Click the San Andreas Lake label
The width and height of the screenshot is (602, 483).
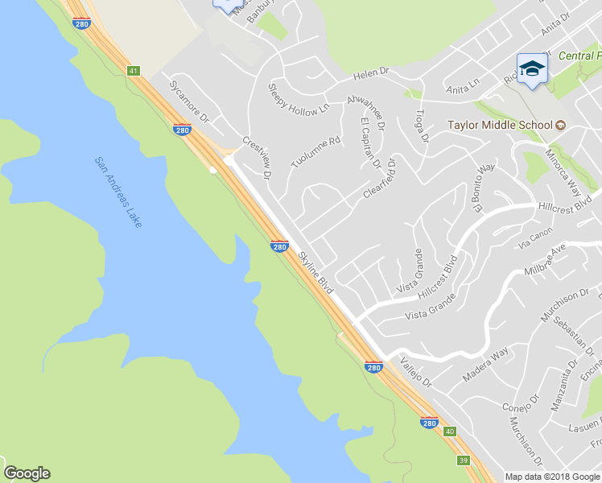119,192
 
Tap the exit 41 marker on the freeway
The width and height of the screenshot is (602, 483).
133,71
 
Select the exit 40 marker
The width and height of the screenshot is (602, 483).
450,431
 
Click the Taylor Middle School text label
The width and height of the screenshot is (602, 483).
500,125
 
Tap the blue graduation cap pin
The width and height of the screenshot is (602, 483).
531,69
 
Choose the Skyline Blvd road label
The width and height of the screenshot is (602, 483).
315,272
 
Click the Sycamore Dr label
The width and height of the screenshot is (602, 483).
189,101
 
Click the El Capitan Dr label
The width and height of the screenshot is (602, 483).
371,142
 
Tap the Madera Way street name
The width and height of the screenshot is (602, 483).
486,366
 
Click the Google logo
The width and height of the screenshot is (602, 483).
27,473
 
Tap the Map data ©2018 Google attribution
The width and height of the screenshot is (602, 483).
552,477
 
